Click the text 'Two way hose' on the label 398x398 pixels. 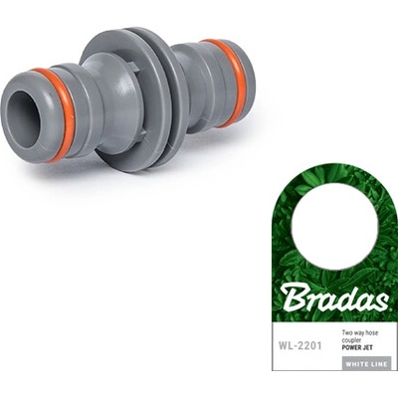362,332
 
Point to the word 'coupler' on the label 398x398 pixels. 353,340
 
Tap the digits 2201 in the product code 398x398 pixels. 308,346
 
